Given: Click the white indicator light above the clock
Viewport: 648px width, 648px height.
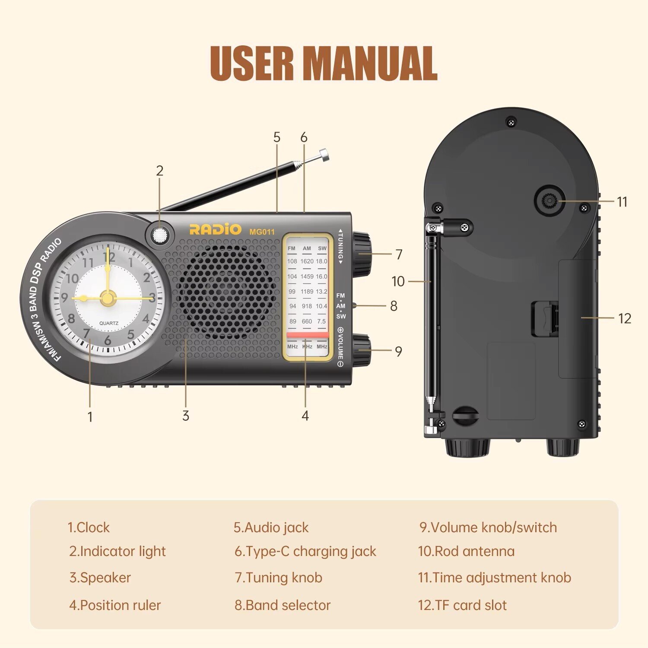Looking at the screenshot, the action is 160,235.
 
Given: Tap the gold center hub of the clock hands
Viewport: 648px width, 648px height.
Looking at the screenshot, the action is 108,298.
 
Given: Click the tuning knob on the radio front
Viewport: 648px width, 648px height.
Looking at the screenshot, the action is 362,254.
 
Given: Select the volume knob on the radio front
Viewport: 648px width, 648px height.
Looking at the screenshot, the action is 362,350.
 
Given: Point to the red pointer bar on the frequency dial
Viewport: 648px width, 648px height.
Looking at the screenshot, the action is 308,335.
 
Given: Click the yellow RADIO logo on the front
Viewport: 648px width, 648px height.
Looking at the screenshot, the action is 215,229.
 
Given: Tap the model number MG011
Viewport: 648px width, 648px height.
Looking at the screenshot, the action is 262,232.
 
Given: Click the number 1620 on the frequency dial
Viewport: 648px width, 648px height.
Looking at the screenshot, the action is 307,261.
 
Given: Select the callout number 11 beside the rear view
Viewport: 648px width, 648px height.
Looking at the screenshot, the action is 622,201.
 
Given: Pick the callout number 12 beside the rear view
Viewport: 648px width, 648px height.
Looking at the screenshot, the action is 624,318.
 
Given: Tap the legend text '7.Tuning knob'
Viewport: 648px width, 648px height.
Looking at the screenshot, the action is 279,578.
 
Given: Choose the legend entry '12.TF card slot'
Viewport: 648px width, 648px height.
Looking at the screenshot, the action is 462,605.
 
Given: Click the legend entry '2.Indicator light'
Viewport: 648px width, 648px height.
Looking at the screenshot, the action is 117,551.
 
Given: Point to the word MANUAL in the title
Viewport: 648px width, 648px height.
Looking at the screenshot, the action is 371,63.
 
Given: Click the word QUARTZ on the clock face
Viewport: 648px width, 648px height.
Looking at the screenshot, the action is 108,323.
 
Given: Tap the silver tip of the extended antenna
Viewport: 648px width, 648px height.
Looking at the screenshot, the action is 324,155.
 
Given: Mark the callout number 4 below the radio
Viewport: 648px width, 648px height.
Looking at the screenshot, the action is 305,416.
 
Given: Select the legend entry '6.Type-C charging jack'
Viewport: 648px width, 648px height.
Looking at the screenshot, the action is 305,551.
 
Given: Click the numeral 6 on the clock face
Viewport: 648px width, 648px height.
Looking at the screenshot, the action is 108,340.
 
